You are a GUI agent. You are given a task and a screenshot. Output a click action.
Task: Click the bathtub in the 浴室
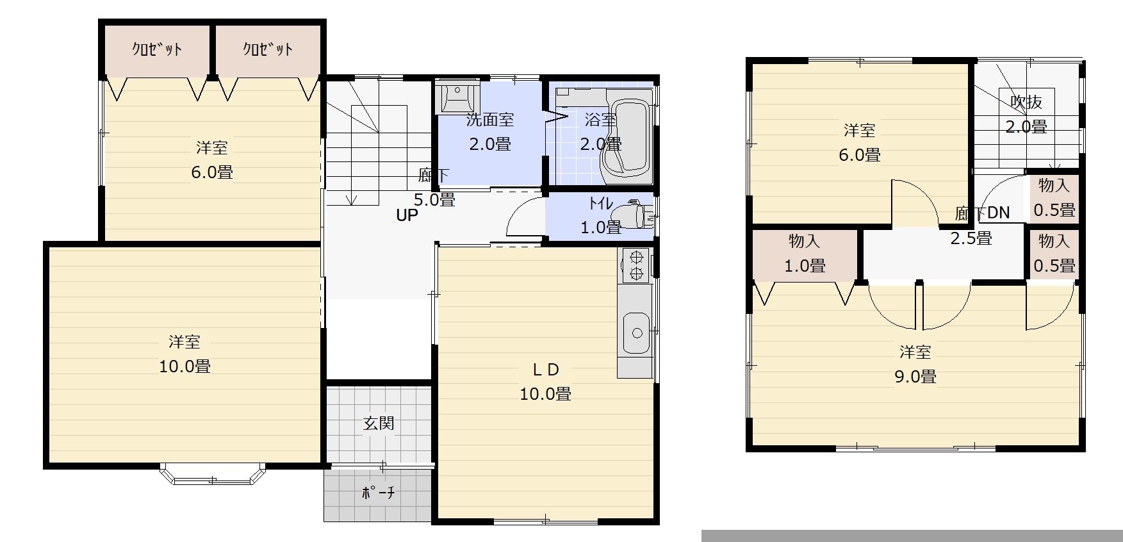coord(627,136)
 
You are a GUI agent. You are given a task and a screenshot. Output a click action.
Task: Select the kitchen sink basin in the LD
coord(637,333)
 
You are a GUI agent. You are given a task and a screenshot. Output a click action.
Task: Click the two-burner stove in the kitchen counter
coord(636,265)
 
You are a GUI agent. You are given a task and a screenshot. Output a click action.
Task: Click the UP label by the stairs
coord(407,216)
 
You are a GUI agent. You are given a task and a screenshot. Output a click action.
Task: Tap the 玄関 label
coord(379,423)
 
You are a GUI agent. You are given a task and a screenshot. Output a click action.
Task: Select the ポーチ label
coord(379,492)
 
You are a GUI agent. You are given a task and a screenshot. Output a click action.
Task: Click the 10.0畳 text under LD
coord(545,393)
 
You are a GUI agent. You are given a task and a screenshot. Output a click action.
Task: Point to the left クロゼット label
coord(158,49)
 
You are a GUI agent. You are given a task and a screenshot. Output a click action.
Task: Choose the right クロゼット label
coord(268,49)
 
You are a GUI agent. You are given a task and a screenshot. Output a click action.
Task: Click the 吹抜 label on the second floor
coord(1026,102)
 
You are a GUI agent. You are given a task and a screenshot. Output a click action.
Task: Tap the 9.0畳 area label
coord(915,377)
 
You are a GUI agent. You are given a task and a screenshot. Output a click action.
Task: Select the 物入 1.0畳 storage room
coord(805,254)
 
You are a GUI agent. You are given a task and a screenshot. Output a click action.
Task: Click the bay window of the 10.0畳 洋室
coord(213,475)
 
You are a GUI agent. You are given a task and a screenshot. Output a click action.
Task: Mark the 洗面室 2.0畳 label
coord(490,131)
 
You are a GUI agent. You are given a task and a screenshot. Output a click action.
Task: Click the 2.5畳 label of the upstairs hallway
coord(971,238)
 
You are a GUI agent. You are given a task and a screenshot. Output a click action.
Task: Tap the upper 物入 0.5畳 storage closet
coord(1054,197)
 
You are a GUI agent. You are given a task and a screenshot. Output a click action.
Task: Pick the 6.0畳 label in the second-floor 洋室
coord(860,154)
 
